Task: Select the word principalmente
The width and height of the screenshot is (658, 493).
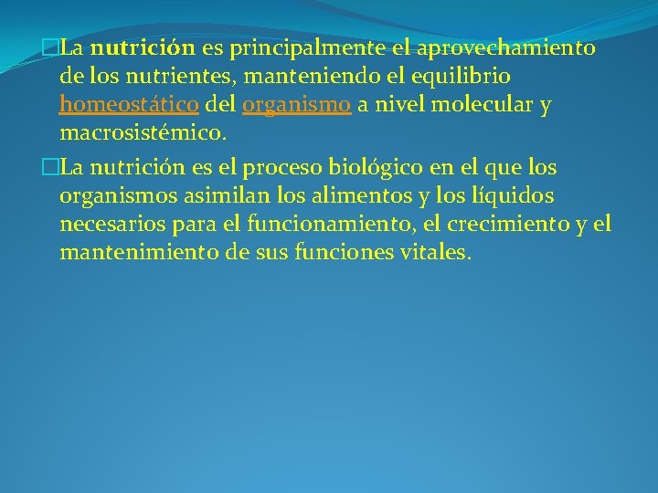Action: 297,47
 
